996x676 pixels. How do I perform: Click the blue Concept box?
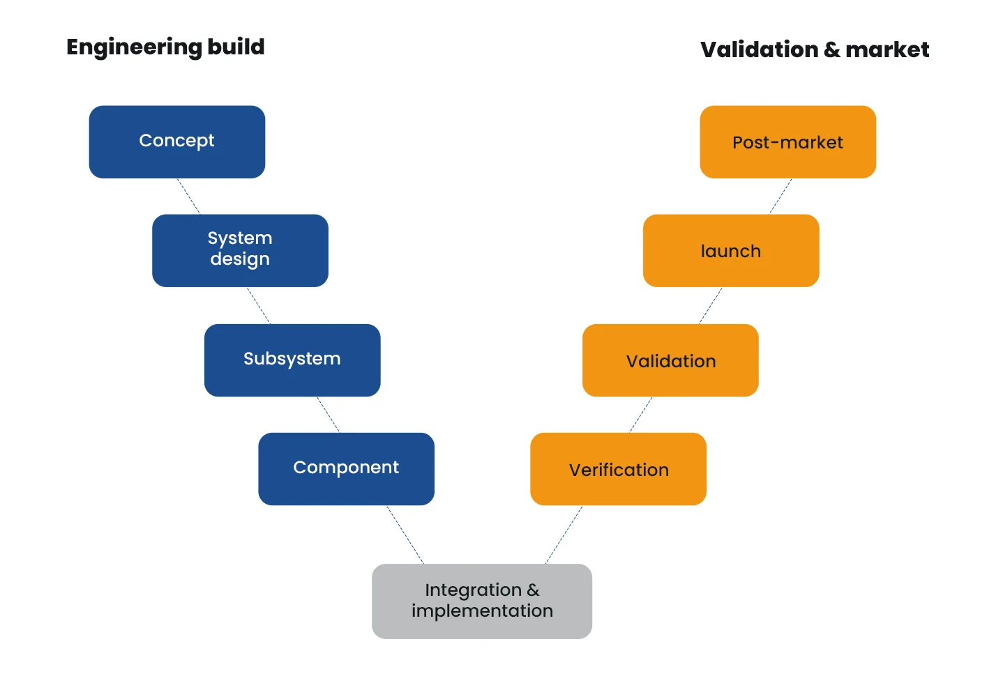coord(177,141)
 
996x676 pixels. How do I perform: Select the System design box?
coord(240,250)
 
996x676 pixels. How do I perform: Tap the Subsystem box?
coord(292,360)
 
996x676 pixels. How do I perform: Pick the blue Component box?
coord(347,469)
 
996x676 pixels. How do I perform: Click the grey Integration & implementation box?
coord(482,601)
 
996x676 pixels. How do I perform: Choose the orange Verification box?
coord(619,469)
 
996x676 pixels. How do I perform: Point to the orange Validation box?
coord(670,360)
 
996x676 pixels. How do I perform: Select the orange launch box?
coord(731,250)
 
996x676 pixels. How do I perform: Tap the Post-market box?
coord(788,141)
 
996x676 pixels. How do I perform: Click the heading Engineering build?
coord(165,47)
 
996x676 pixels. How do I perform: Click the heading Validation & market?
coord(815,49)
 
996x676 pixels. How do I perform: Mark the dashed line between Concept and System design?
coord(188,197)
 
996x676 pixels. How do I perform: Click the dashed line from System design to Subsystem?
coord(258,305)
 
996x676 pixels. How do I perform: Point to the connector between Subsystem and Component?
coord(328,415)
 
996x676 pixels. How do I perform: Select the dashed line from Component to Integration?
coord(405,535)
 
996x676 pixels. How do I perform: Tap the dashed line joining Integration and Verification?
coord(564,535)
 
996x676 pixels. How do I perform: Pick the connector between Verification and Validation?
coord(641,415)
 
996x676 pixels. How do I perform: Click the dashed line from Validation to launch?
coord(711,305)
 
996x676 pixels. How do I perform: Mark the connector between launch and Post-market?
coord(780,197)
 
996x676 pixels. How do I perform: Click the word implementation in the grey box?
coord(483,611)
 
